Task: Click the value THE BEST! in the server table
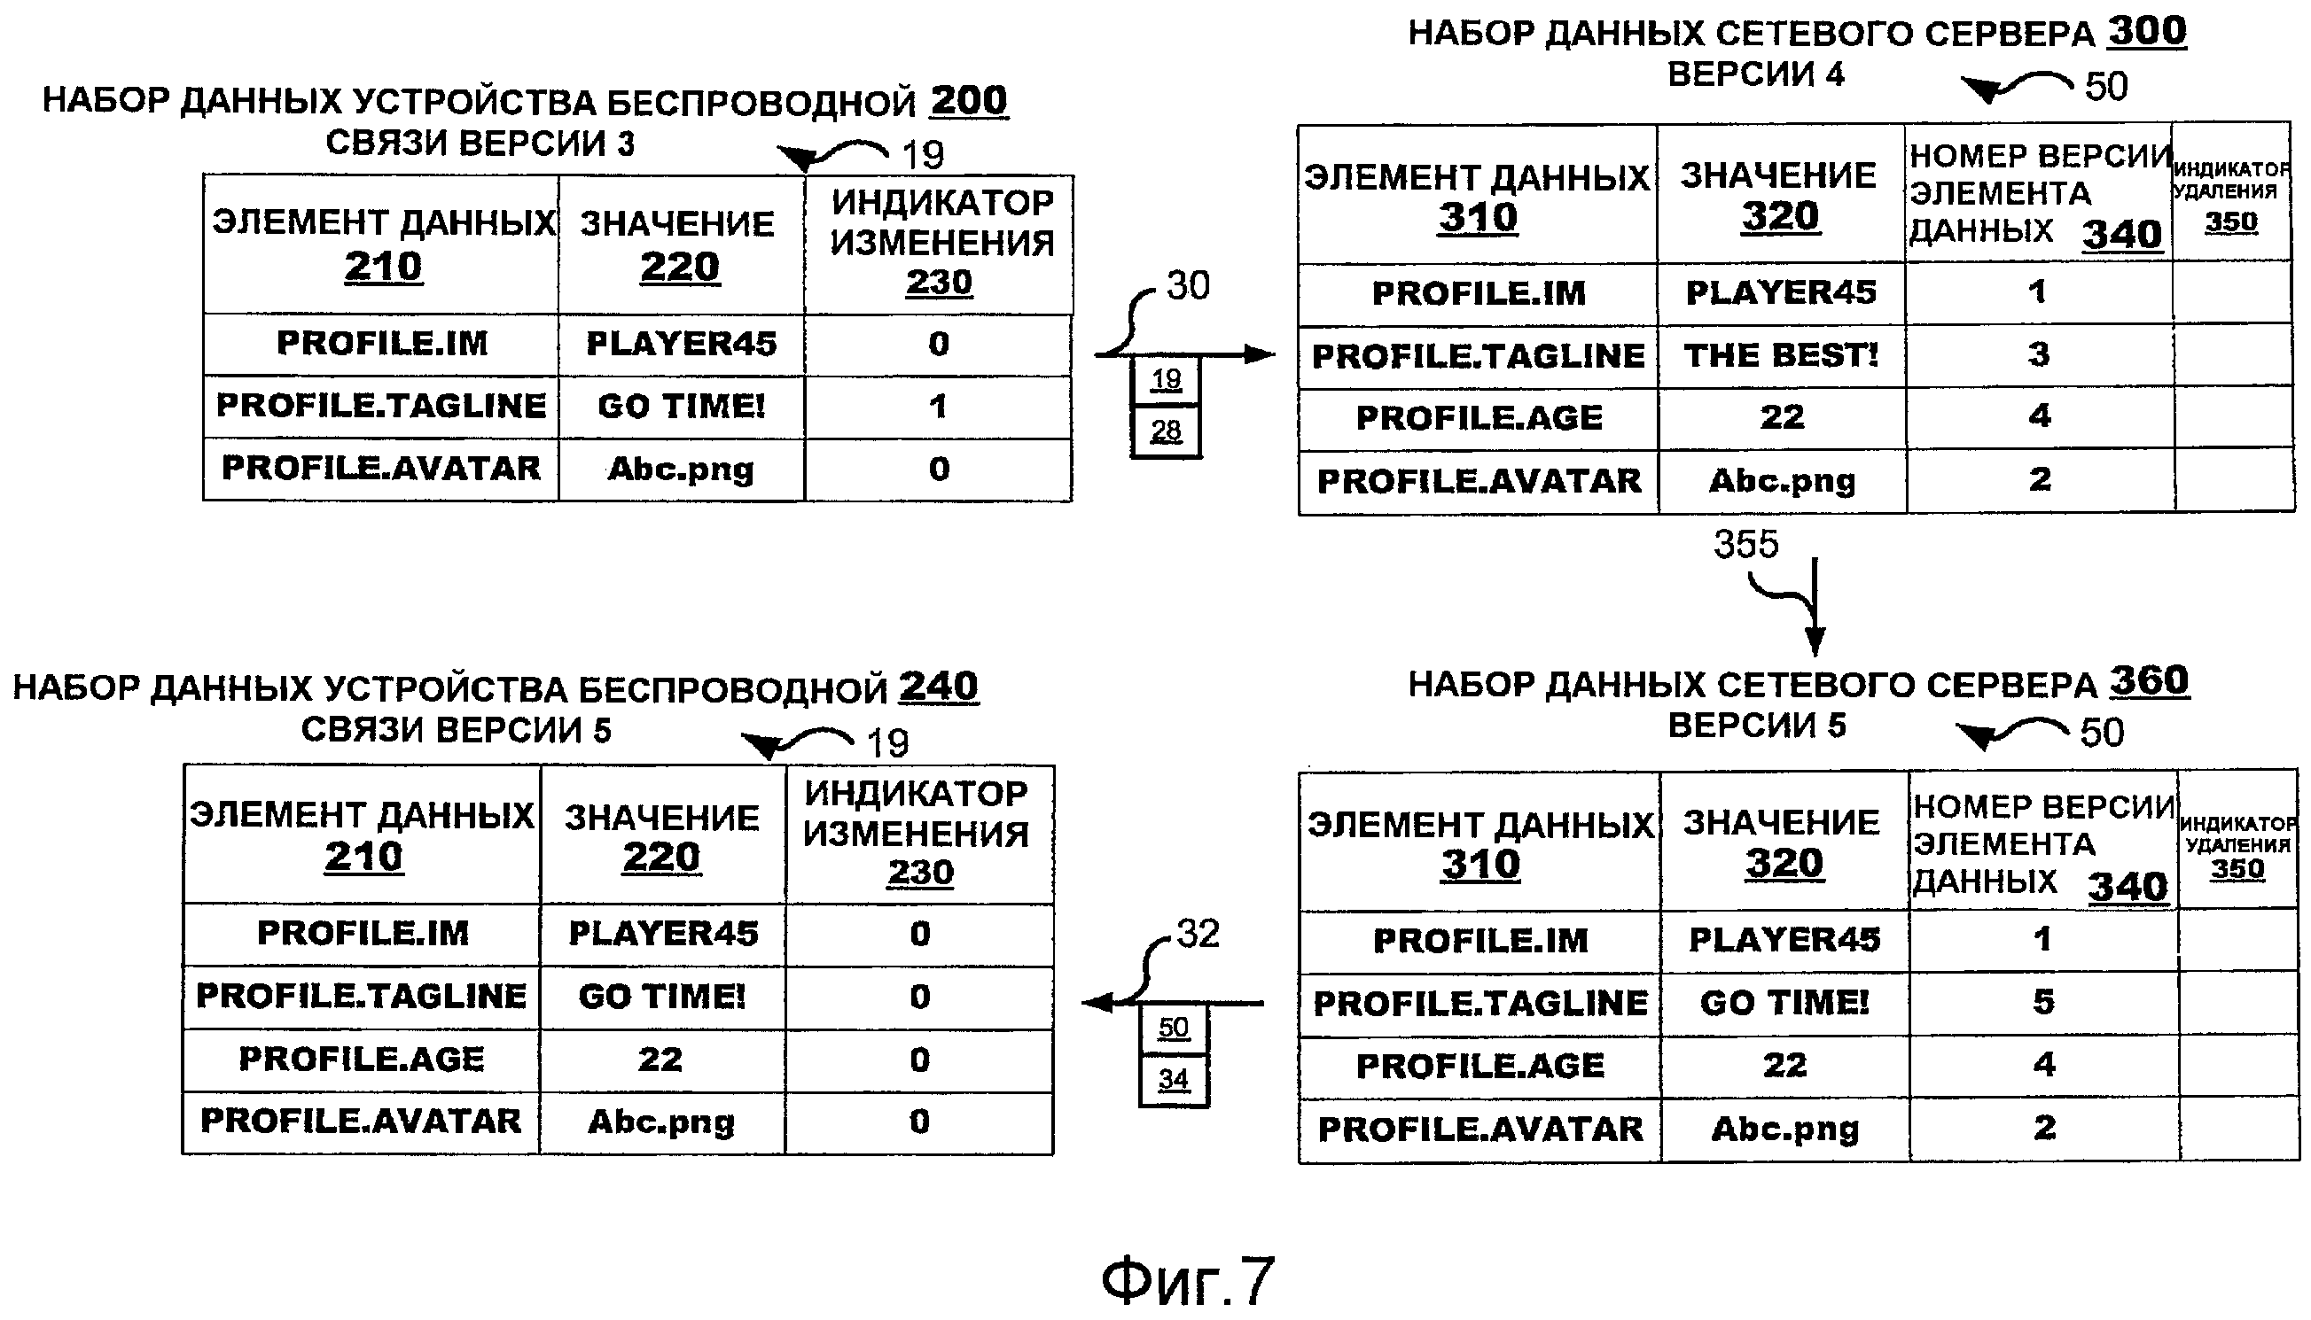tap(1780, 355)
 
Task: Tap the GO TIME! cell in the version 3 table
tap(681, 406)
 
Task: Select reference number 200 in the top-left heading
tap(969, 101)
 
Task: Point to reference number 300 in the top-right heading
tap(2147, 32)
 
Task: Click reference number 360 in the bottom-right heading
tap(2150, 681)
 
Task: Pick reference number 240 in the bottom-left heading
tap(939, 687)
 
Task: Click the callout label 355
tap(1745, 544)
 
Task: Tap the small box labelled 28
tap(1166, 431)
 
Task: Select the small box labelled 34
tap(1173, 1079)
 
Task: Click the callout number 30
tap(1187, 286)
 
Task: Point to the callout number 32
tap(1198, 934)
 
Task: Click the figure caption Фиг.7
tap(1187, 1280)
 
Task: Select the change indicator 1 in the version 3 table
tap(938, 406)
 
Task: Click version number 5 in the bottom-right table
tap(2042, 1002)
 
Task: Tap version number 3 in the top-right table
tap(2038, 354)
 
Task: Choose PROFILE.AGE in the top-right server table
tap(1479, 418)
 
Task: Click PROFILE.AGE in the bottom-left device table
tap(361, 1059)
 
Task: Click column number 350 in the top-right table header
tap(2230, 222)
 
